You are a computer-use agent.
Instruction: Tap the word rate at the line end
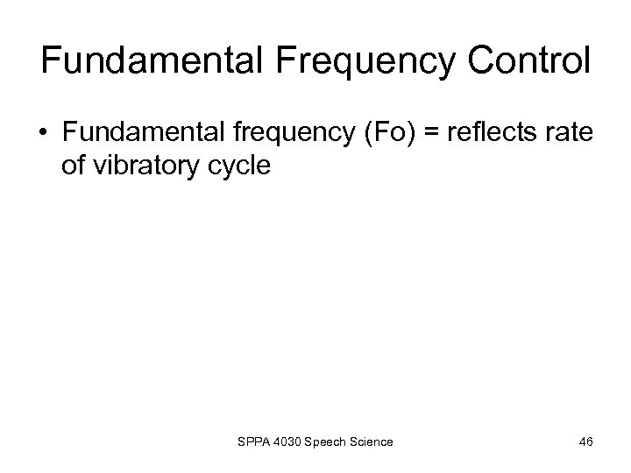pos(570,133)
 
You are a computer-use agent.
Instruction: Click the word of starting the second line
pos(74,166)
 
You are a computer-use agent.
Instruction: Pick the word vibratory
pos(154,166)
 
